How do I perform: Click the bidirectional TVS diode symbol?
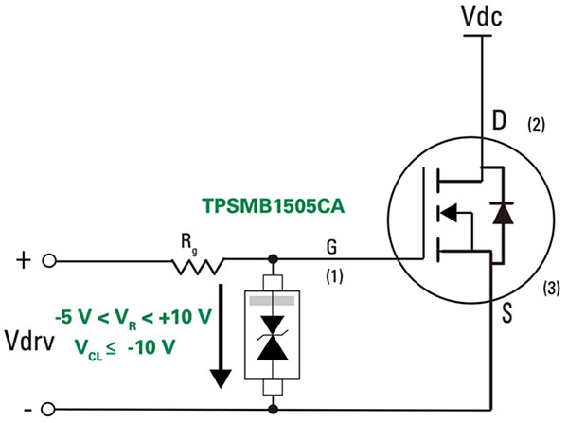[274, 337]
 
